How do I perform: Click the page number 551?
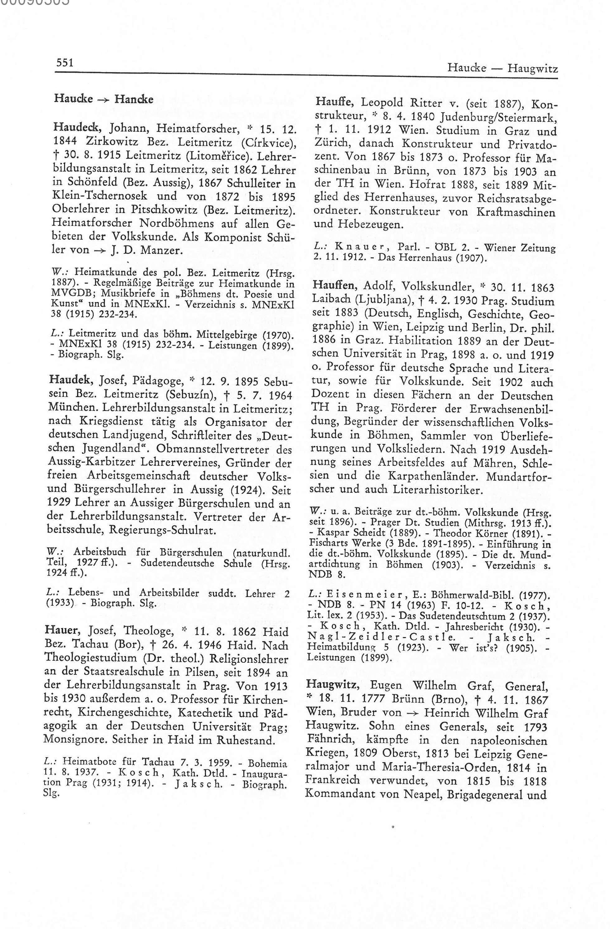click(x=65, y=63)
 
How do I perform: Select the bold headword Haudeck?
click(x=78, y=127)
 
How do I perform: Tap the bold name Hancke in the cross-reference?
click(x=134, y=99)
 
